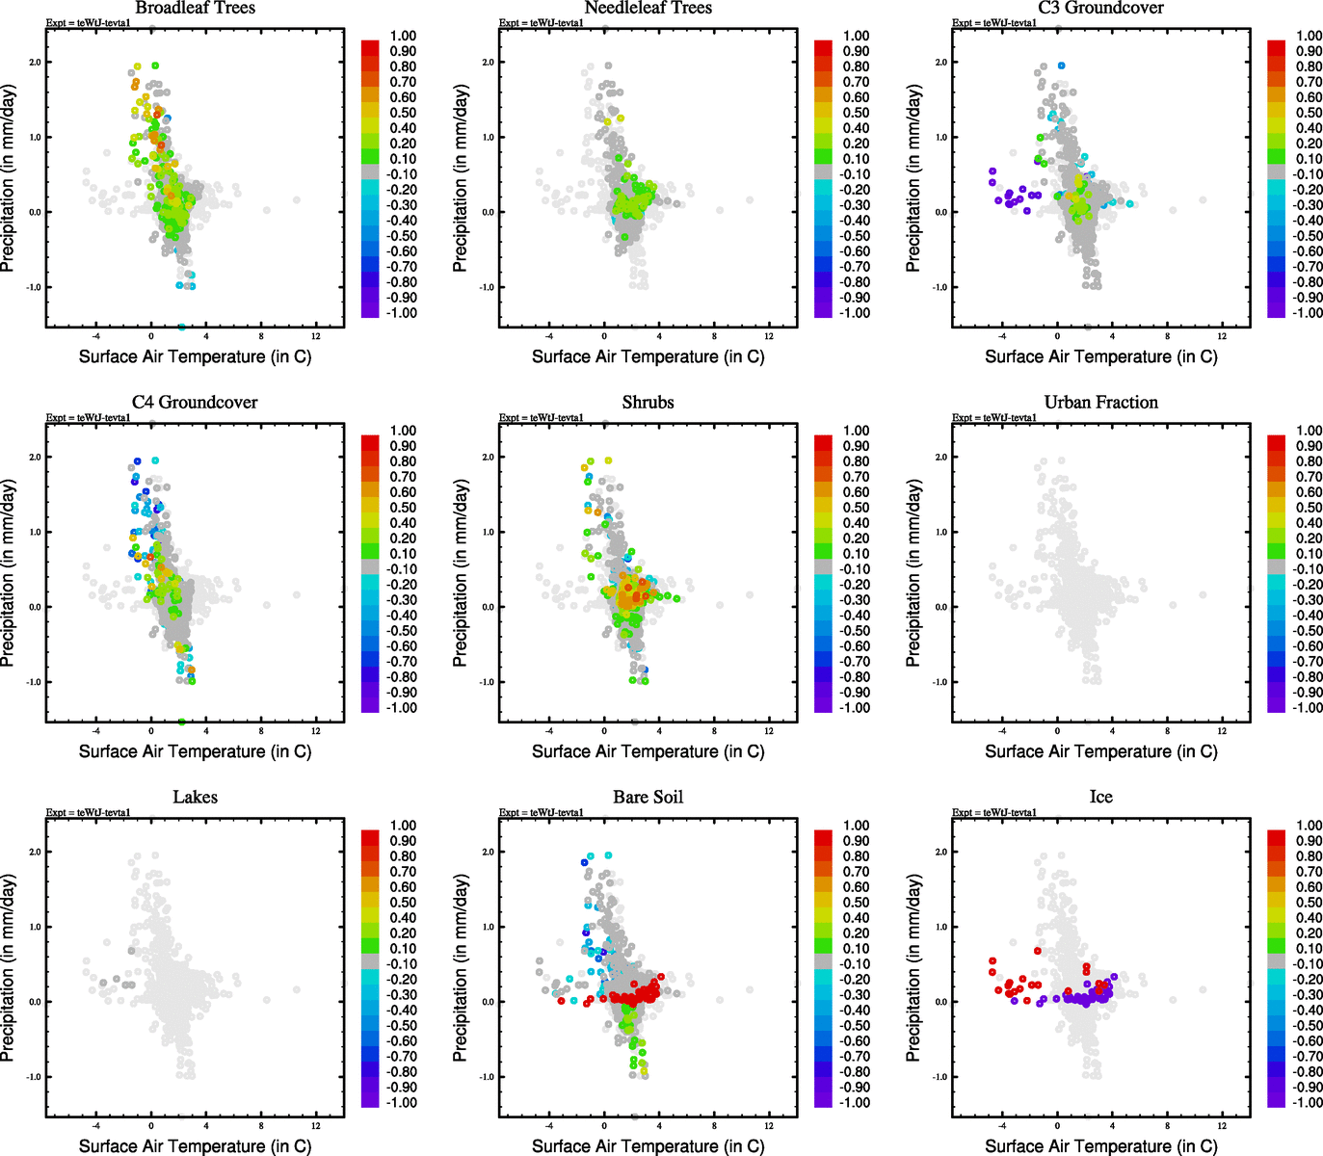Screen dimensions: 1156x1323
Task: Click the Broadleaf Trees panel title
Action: click(x=195, y=8)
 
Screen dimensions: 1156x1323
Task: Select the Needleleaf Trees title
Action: click(x=648, y=8)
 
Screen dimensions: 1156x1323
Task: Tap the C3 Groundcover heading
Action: click(x=1100, y=8)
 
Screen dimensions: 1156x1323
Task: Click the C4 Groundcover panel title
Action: click(x=195, y=403)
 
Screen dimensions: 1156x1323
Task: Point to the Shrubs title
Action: click(x=648, y=403)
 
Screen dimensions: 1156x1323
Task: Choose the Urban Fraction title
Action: click(x=1100, y=403)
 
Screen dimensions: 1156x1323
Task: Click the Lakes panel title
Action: click(x=195, y=798)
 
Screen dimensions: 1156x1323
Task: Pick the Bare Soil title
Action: click(x=648, y=798)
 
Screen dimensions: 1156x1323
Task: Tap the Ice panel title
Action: click(x=1100, y=798)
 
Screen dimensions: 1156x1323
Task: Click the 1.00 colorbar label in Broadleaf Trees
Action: click(x=403, y=36)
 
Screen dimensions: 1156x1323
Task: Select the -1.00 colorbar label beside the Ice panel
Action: click(x=1307, y=1103)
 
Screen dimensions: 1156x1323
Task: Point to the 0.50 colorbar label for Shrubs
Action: click(x=856, y=508)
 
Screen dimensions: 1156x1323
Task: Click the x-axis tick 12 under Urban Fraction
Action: click(x=1222, y=731)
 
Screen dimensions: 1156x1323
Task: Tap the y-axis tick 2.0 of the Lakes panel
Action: click(x=35, y=853)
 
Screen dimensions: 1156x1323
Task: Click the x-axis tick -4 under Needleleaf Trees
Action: click(x=549, y=336)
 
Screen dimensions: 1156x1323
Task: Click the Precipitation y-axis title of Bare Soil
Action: click(x=461, y=968)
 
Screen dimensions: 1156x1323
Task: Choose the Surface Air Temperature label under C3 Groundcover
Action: click(x=1100, y=356)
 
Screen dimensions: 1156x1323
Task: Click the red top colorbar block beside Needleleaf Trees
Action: click(x=823, y=46)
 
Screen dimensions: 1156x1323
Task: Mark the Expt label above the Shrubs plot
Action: click(x=541, y=418)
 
